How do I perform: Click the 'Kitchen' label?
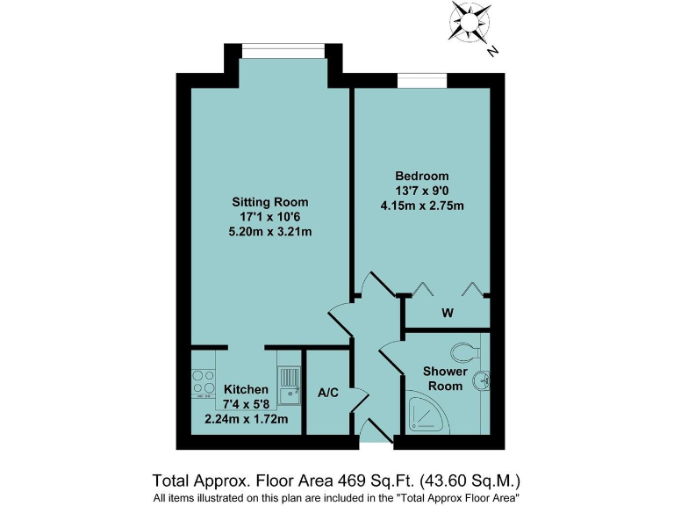245,389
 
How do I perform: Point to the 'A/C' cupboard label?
328,393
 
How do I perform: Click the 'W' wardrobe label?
447,314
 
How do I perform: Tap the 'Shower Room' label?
444,379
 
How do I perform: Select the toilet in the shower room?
463,352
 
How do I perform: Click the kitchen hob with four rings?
204,382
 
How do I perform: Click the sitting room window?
283,51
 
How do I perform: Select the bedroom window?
422,81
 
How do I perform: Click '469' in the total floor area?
351,481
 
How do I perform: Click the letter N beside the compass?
493,51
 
